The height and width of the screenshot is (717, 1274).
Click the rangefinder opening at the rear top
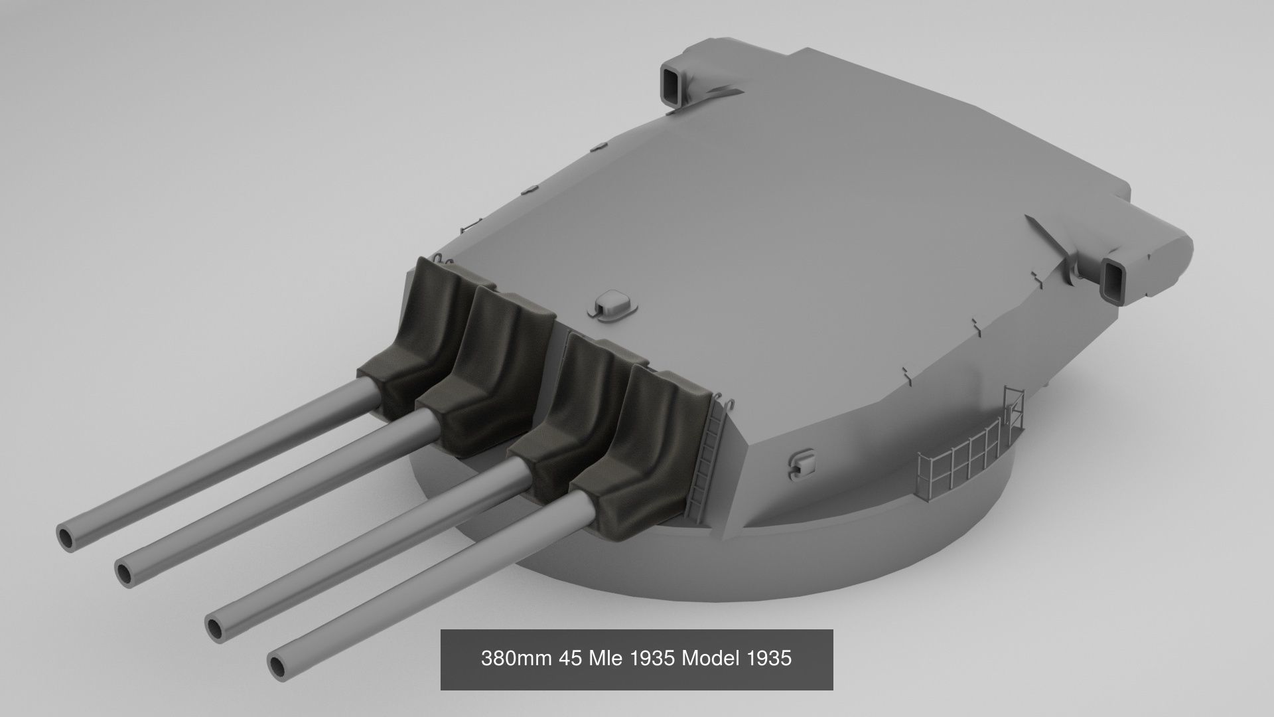[672, 86]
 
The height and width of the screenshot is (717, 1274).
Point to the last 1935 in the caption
[769, 659]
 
